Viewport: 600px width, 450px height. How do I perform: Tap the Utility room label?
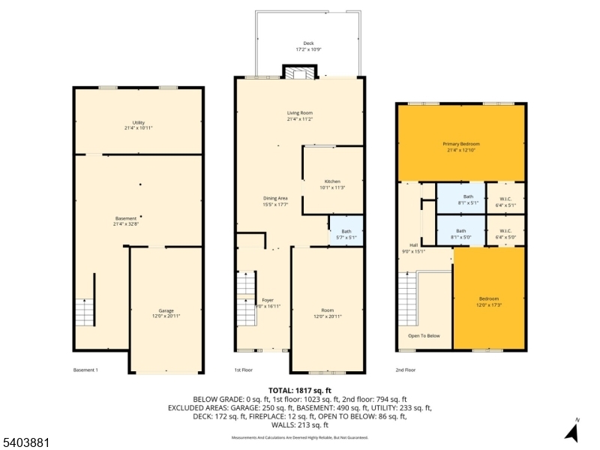click(x=139, y=125)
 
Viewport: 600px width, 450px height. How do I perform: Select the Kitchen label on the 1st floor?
click(x=332, y=184)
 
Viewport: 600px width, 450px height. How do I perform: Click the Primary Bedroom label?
click(x=460, y=145)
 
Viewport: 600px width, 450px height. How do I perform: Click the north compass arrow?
click(x=572, y=432)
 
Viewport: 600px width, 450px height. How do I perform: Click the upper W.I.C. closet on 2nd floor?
click(x=505, y=198)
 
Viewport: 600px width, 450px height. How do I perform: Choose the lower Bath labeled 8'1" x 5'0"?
click(x=460, y=233)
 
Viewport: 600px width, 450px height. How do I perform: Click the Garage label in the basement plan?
click(x=166, y=313)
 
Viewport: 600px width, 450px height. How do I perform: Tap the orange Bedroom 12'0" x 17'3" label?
click(x=489, y=301)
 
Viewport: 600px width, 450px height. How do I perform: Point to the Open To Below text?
click(x=424, y=336)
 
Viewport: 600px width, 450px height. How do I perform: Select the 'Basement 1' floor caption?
click(x=85, y=370)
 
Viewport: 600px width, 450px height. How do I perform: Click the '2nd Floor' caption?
click(x=406, y=370)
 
